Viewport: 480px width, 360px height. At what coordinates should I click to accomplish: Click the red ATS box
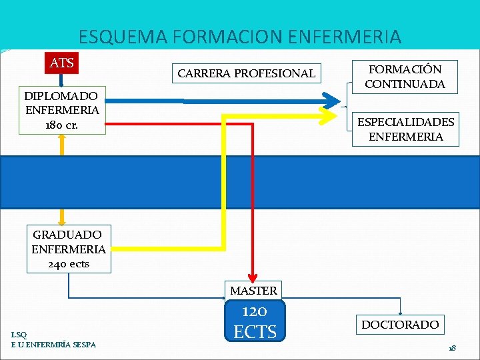point(61,63)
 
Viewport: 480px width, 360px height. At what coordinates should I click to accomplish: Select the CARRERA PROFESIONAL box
point(247,73)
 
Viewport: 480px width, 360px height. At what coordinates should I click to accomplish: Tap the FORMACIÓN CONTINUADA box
point(405,77)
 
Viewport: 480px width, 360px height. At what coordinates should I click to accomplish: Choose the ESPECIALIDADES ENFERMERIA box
point(405,129)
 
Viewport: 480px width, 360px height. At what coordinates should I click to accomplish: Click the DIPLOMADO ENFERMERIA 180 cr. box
point(62,111)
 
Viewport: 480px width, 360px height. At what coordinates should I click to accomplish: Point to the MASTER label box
point(253,291)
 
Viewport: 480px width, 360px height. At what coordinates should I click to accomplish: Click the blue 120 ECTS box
point(255,321)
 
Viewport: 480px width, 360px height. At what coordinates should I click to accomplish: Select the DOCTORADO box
point(400,325)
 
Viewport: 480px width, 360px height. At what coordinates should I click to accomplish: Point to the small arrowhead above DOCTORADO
point(400,310)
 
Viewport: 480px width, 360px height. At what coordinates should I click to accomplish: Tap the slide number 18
point(452,348)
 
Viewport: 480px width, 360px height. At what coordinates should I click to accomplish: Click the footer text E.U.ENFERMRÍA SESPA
point(53,344)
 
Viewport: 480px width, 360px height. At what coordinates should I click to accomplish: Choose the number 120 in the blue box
point(255,311)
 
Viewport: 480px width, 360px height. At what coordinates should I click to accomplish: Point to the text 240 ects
point(69,264)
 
